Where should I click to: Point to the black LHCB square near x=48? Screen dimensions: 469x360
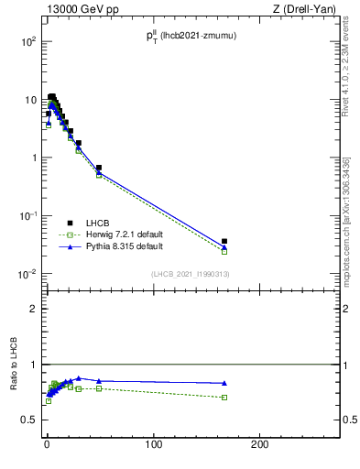[98, 168]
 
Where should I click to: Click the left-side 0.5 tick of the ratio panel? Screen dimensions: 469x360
[31, 420]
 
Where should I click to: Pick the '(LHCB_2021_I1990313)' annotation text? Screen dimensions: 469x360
[189, 274]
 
